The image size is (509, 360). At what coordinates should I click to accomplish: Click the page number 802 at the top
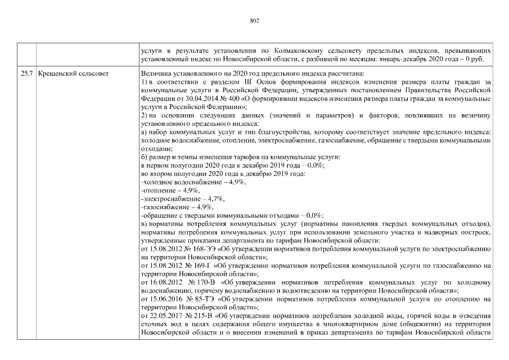coord(254,21)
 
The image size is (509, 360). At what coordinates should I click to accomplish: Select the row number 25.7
coord(26,73)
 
